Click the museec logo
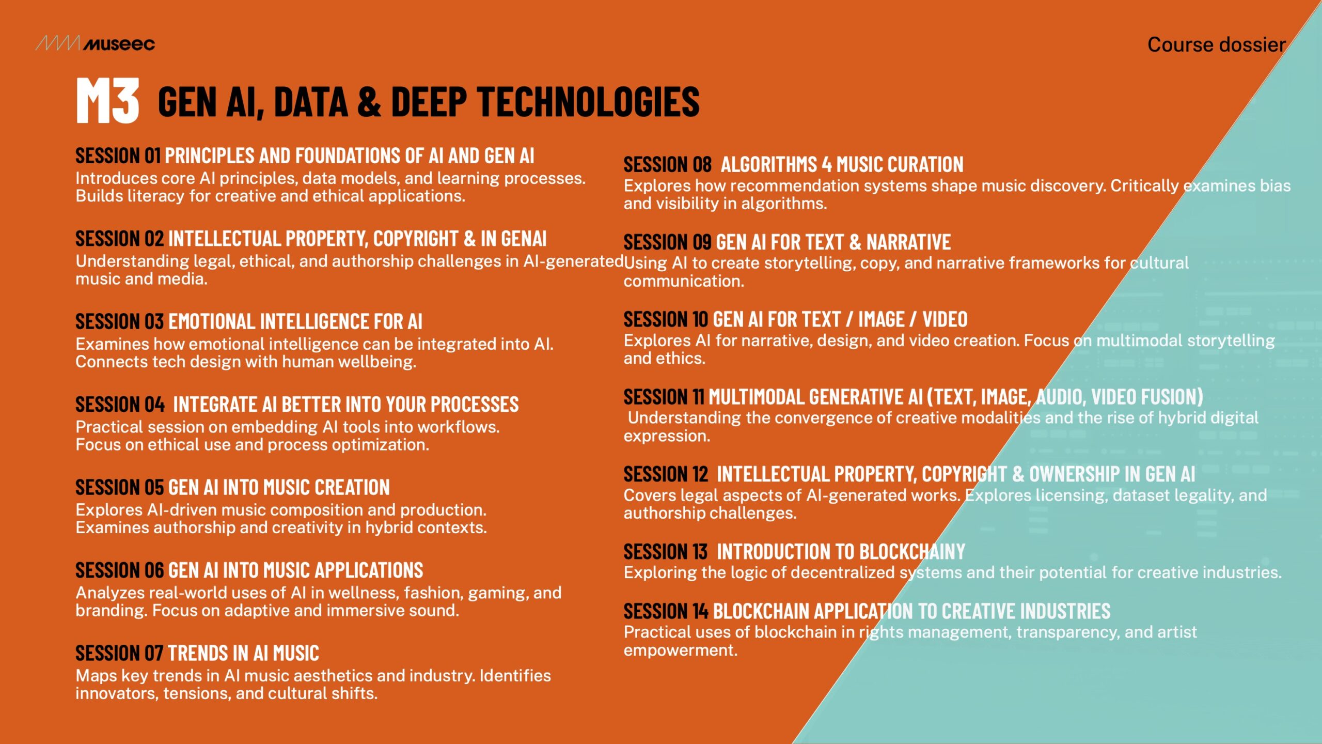[x=95, y=44]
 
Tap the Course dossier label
[x=1217, y=45]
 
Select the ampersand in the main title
[x=369, y=101]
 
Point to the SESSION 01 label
[x=118, y=156]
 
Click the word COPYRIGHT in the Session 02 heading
[x=416, y=239]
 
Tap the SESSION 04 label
[x=120, y=405]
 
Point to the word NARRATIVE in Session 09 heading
[x=908, y=242]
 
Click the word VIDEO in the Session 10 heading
[x=945, y=320]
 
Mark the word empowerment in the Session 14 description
[x=680, y=650]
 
